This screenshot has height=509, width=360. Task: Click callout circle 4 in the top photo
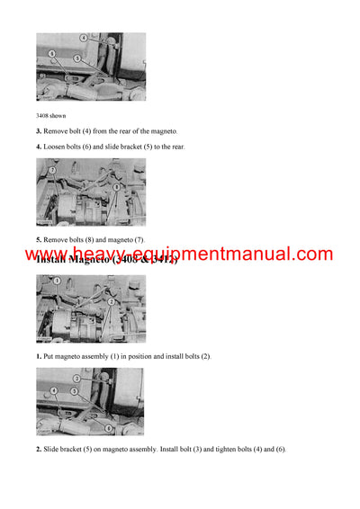pos(84,39)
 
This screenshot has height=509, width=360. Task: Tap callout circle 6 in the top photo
pos(52,54)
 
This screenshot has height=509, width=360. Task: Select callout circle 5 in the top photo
pos(77,58)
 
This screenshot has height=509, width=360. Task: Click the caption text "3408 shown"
pos(51,115)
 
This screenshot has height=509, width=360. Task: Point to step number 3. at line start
pos(39,131)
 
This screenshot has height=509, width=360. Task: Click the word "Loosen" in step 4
pos(56,147)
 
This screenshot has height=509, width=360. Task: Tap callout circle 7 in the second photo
pos(53,169)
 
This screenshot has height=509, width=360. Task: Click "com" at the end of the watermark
pos(311,254)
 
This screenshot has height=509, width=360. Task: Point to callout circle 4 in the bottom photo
pos(54,391)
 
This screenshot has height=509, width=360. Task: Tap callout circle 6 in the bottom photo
pos(109,428)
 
